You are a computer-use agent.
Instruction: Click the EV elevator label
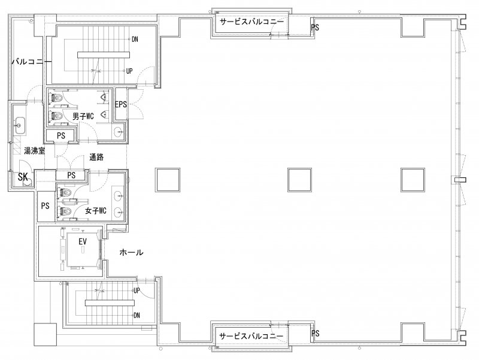pos(83,242)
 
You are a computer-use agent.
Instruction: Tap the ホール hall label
pos(131,252)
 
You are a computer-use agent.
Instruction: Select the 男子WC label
pos(83,116)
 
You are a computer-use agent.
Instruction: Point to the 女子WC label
pos(96,211)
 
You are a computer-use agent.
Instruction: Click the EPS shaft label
pos(121,104)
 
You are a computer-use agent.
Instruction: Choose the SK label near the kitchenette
pos(23,177)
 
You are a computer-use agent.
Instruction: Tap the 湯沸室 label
pos(35,151)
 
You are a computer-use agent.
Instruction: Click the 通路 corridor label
pos(96,157)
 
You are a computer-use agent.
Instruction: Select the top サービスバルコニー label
pos(251,22)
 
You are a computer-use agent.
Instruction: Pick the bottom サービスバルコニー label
pos(251,336)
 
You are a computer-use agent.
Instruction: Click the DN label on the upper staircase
pos(135,39)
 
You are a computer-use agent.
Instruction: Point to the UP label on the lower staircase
pos(137,291)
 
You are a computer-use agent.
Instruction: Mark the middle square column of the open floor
pos(299,180)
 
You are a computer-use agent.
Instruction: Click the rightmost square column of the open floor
pos(413,180)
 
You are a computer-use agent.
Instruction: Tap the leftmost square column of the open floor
pos(168,180)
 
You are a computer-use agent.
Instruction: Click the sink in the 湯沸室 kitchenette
pos(20,125)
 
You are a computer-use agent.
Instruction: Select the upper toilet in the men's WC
pos(57,98)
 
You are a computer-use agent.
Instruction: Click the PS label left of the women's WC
pos(46,206)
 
